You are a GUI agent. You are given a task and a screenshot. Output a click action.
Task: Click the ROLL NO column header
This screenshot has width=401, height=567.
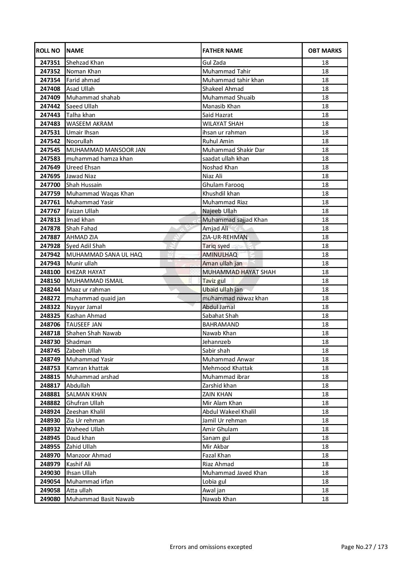pyautogui.click(x=48, y=51)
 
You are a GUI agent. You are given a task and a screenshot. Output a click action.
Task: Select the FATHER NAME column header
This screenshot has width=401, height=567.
pyautogui.click(x=222, y=51)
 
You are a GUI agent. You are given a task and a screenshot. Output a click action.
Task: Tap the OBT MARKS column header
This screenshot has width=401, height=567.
pyautogui.click(x=325, y=51)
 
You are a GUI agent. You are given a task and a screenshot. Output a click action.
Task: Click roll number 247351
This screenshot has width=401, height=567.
pyautogui.click(x=50, y=63)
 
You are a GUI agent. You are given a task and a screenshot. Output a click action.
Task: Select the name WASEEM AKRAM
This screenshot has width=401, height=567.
pyautogui.click(x=90, y=124)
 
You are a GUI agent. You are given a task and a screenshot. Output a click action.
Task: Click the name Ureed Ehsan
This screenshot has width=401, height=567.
pyautogui.click(x=83, y=167)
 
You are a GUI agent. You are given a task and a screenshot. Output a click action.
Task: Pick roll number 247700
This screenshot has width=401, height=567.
pyautogui.click(x=50, y=185)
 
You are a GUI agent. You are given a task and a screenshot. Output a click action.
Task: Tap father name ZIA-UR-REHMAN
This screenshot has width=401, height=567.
pyautogui.click(x=225, y=237)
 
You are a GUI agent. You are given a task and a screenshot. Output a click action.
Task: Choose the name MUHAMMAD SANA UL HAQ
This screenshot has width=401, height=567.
pyautogui.click(x=104, y=255)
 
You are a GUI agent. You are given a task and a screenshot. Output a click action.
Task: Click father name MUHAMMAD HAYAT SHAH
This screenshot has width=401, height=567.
pyautogui.click(x=239, y=272)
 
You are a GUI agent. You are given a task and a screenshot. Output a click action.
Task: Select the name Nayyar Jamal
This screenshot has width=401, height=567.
pyautogui.click(x=84, y=307)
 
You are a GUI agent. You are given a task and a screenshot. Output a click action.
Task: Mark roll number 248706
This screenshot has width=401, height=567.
pyautogui.click(x=50, y=325)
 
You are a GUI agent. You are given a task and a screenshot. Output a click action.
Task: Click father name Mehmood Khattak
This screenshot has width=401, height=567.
pyautogui.click(x=227, y=368)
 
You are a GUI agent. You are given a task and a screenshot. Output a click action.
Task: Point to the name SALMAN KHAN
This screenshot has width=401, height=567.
pyautogui.click(x=86, y=394)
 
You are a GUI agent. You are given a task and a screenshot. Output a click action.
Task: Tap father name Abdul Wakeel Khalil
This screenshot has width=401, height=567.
pyautogui.click(x=229, y=412)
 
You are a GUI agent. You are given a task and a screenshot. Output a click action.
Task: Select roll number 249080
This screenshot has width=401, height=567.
pyautogui.click(x=50, y=499)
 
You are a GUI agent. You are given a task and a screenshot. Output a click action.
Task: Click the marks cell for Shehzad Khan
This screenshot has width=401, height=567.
pyautogui.click(x=325, y=63)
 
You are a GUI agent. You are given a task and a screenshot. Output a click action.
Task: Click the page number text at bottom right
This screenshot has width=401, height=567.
pyautogui.click(x=364, y=547)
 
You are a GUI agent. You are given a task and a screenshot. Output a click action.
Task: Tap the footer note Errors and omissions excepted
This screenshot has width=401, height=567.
pyautogui.click(x=211, y=547)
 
